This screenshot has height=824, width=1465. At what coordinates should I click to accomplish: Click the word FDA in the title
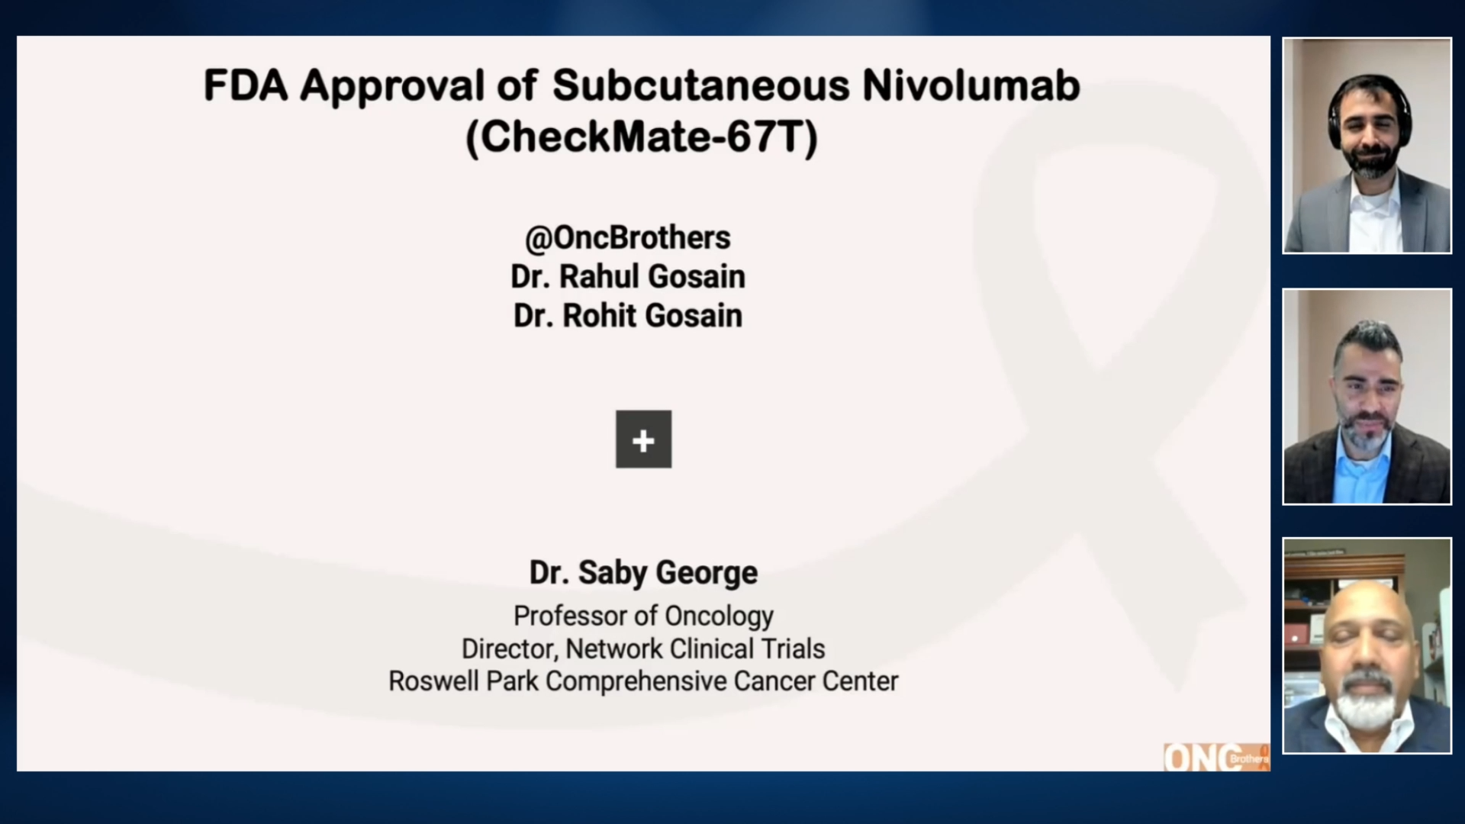tap(245, 85)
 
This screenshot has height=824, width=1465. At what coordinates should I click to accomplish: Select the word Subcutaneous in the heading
tap(700, 85)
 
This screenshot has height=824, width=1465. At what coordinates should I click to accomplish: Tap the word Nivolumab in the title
tap(971, 85)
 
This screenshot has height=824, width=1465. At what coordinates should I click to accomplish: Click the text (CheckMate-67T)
tap(641, 137)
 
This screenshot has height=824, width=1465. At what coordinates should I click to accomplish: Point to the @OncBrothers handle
tap(627, 238)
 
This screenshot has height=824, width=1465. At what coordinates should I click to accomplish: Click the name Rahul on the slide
tap(604, 277)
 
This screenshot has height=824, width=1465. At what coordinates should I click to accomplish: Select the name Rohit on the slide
tap(604, 316)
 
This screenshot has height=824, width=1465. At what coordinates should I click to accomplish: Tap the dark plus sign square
tap(643, 439)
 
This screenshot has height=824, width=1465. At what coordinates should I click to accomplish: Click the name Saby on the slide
tap(613, 573)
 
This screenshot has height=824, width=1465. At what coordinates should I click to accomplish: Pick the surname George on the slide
tap(706, 573)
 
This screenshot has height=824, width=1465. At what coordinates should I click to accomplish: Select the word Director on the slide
tap(507, 649)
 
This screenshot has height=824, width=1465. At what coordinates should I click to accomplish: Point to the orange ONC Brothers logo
tap(1215, 758)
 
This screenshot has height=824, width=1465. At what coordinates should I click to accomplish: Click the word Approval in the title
tap(392, 85)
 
